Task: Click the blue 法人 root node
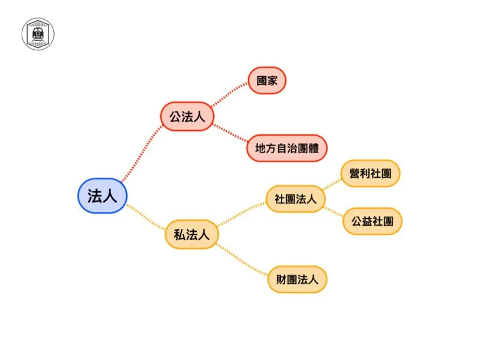coord(102,196)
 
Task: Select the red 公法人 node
coord(187,116)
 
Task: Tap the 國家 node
coord(267,80)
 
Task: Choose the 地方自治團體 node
coord(287,148)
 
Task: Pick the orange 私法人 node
coord(191,235)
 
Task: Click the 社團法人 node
coord(295,199)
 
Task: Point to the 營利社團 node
coord(370,173)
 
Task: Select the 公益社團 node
coord(372,221)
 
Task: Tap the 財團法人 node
coord(297,279)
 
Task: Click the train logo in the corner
coord(38,34)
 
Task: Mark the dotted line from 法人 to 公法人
coord(142,154)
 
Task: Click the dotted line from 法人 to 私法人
coord(146,217)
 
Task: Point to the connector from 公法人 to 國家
coord(229,94)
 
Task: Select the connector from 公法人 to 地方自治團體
coord(230,133)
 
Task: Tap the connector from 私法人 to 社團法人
coord(242,214)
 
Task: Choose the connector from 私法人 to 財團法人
coord(242,259)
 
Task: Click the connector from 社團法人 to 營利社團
coord(332,184)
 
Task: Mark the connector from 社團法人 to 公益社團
coord(334,212)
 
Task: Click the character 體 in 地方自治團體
coord(313,148)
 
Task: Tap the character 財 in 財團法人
coord(281,279)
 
